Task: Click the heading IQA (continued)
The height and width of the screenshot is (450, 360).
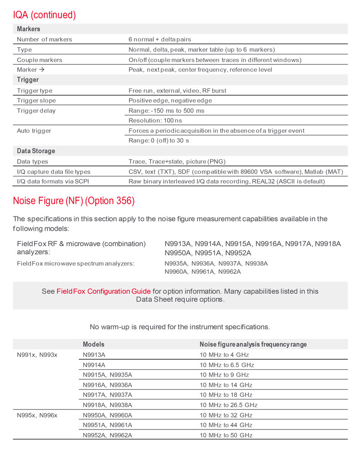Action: (x=44, y=15)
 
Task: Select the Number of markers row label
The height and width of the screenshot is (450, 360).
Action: (x=44, y=39)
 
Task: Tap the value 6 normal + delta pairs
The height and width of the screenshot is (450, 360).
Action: (x=168, y=39)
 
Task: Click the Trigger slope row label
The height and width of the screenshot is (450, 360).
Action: (x=36, y=100)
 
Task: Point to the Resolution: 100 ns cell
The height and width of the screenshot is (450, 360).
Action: (x=155, y=120)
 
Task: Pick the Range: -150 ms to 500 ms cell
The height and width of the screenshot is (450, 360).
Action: (x=166, y=111)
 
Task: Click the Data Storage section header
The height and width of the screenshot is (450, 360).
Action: (x=36, y=151)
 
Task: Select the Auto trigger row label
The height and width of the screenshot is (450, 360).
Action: (x=34, y=131)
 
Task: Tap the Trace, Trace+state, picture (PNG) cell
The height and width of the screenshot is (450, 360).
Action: (x=177, y=161)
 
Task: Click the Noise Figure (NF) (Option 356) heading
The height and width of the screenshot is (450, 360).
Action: (x=74, y=201)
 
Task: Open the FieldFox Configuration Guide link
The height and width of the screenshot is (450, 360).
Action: (x=103, y=291)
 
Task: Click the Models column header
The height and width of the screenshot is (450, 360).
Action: (x=93, y=344)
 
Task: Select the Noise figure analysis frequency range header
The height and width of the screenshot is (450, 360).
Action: (x=253, y=344)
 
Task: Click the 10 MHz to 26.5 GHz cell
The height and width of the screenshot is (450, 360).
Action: (x=228, y=405)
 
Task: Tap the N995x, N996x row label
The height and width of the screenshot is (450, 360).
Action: (x=37, y=415)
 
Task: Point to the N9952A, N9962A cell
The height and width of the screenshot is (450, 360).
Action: (x=108, y=435)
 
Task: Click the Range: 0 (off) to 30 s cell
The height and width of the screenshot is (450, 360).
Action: (x=159, y=140)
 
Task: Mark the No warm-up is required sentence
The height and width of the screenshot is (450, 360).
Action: (x=180, y=326)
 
